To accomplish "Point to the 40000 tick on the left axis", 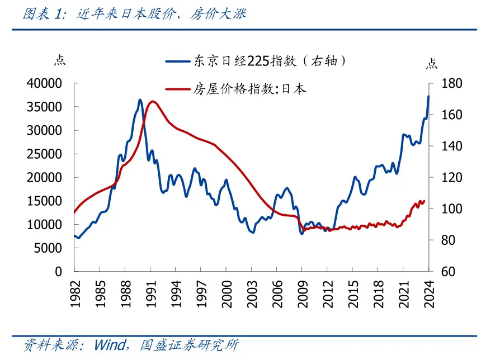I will pyautogui.click(x=43, y=83).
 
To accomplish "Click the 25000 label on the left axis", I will pyautogui.click(x=43, y=154).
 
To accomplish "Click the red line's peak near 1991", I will pyautogui.click(x=153, y=101).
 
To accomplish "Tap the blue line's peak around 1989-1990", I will pyautogui.click(x=140, y=100).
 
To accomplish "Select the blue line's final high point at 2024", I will pyautogui.click(x=428, y=96).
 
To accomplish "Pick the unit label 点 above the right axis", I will pyautogui.click(x=432, y=63).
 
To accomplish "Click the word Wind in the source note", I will pyautogui.click(x=110, y=344).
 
